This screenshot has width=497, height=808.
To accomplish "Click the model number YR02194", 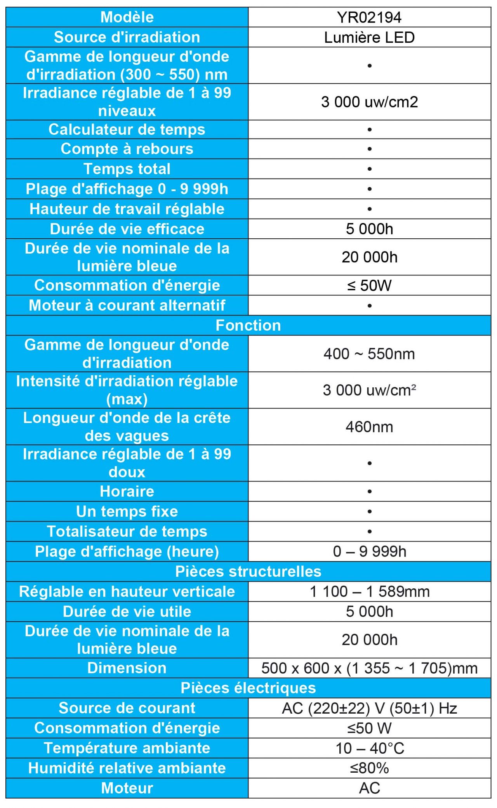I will pyautogui.click(x=369, y=17).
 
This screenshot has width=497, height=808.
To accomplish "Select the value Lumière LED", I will pyautogui.click(x=369, y=38).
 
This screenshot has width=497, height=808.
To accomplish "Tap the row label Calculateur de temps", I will pyautogui.click(x=127, y=130).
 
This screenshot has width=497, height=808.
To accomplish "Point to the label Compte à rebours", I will pyautogui.click(x=127, y=149).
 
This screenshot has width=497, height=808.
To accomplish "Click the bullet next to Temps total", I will pyautogui.click(x=369, y=169).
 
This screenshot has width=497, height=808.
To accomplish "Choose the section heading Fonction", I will pyautogui.click(x=248, y=326).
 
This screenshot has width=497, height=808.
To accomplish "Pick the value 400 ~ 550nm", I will pyautogui.click(x=369, y=354).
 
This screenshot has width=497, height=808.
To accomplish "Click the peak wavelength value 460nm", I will pyautogui.click(x=369, y=427).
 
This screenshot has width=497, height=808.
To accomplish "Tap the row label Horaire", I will pyautogui.click(x=127, y=492).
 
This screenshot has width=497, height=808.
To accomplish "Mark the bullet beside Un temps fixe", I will pyautogui.click(x=369, y=512).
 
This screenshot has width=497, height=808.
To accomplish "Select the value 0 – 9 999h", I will pyautogui.click(x=369, y=551).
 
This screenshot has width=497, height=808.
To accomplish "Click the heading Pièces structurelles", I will pyautogui.click(x=248, y=572).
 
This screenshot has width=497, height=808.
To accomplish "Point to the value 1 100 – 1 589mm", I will pyautogui.click(x=369, y=592).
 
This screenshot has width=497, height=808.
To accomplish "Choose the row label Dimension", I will pyautogui.click(x=127, y=668).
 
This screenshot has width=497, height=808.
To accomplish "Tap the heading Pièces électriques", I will pyautogui.click(x=248, y=688).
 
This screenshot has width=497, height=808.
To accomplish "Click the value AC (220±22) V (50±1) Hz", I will pyautogui.click(x=369, y=708).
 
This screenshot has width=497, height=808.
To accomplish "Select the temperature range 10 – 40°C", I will pyautogui.click(x=369, y=749).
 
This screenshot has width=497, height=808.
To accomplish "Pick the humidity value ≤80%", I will pyautogui.click(x=369, y=768).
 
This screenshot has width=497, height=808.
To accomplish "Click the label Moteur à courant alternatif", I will pyautogui.click(x=127, y=305).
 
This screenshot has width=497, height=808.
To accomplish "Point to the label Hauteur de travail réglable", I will pyautogui.click(x=127, y=209).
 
